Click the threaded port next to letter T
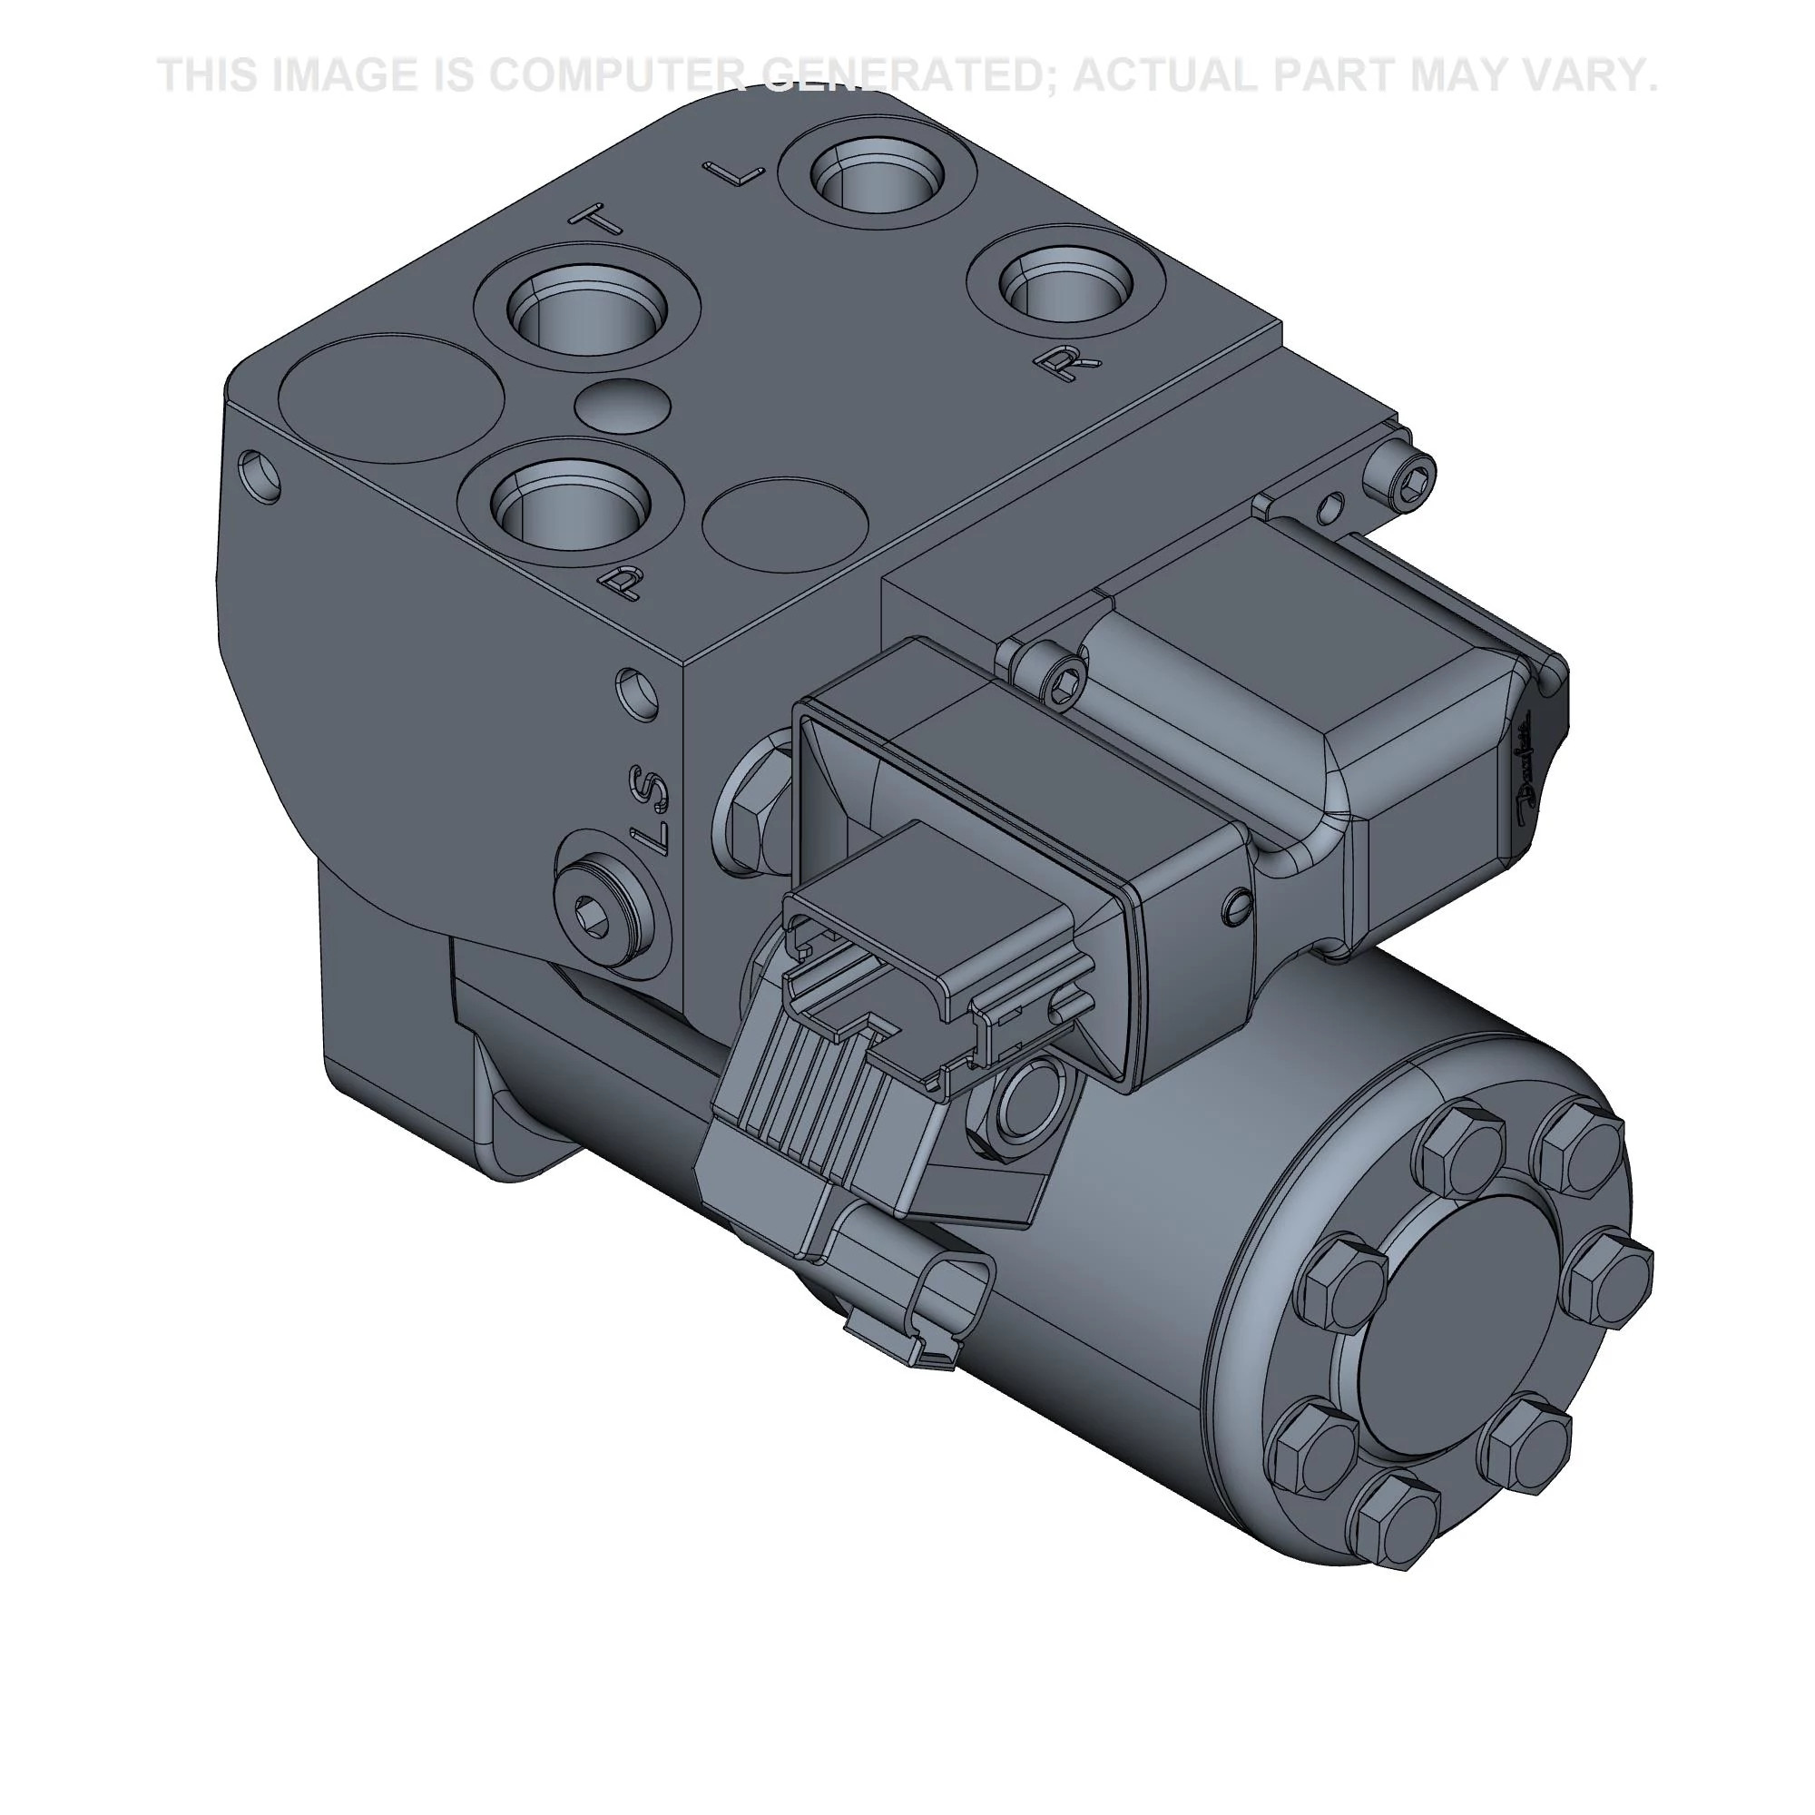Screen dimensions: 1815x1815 coord(588,312)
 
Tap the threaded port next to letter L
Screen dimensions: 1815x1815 coord(878,175)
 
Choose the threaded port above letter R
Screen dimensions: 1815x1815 coord(1067,285)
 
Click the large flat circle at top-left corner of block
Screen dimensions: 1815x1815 coord(392,398)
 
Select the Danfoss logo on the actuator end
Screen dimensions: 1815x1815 coord(1523,770)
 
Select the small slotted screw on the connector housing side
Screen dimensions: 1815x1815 coord(1239,906)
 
